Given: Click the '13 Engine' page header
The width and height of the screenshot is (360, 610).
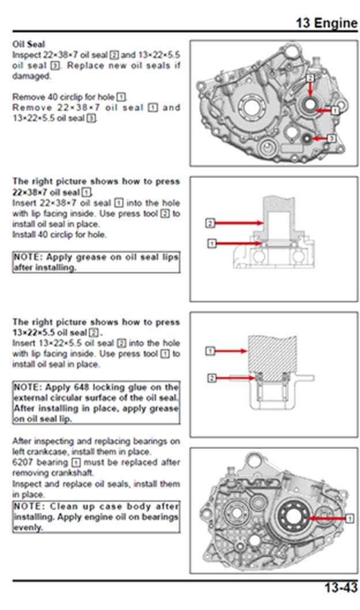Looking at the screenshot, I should pyautogui.click(x=327, y=23).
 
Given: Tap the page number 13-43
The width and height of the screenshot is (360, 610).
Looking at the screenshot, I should pyautogui.click(x=340, y=588).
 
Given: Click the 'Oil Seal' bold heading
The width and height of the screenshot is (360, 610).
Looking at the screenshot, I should pyautogui.click(x=29, y=44).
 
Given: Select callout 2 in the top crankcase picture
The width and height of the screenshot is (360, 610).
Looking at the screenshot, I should pyautogui.click(x=310, y=77).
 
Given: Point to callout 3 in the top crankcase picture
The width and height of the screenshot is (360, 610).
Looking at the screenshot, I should pyautogui.click(x=331, y=138).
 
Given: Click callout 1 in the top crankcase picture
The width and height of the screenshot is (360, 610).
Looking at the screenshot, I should pyautogui.click(x=335, y=110).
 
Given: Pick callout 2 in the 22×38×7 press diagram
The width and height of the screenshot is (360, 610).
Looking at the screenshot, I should pyautogui.click(x=211, y=223).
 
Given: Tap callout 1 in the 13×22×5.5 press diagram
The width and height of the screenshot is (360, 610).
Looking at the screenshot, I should pyautogui.click(x=211, y=351).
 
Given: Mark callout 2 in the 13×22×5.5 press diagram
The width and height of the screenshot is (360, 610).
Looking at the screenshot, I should pyautogui.click(x=211, y=378).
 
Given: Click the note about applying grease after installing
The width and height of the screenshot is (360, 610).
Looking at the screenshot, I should pyautogui.click(x=96, y=262).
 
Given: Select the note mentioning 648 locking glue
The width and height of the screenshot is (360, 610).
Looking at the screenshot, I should pyautogui.click(x=96, y=403).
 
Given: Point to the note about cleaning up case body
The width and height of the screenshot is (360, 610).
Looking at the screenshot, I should pyautogui.click(x=96, y=517).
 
